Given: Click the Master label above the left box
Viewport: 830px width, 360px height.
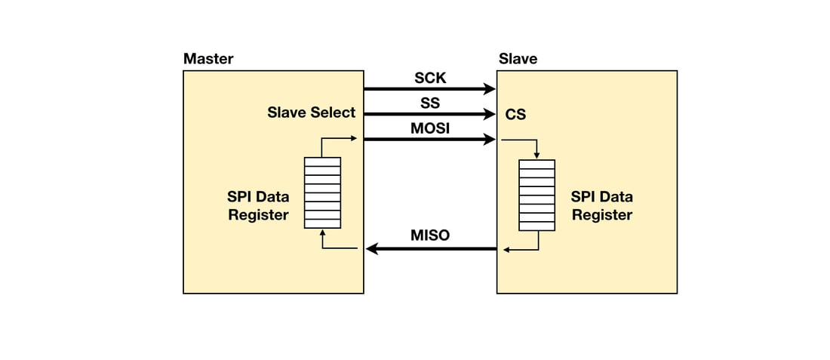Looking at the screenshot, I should click(x=208, y=59).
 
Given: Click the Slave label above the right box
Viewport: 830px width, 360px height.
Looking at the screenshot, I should click(x=518, y=59).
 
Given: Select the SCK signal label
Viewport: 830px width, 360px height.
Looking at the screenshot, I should click(x=430, y=78).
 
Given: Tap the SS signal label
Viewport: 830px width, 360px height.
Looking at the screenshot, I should click(x=430, y=103).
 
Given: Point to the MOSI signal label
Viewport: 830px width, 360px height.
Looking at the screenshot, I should click(x=430, y=128).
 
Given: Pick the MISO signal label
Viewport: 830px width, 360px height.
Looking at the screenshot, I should click(x=430, y=235).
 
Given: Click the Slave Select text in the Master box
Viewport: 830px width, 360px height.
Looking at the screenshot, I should click(x=311, y=112).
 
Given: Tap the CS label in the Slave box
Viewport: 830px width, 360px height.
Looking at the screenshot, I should click(x=516, y=115).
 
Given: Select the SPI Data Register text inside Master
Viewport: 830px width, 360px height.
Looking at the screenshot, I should click(x=258, y=205).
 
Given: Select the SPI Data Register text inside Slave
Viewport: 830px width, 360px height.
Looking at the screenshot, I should click(x=601, y=205).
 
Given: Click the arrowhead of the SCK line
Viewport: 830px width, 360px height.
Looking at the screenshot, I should click(x=490, y=89).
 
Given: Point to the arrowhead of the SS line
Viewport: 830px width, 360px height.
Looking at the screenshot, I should click(x=490, y=115).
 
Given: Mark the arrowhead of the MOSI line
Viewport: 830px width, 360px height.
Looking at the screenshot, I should click(x=490, y=140).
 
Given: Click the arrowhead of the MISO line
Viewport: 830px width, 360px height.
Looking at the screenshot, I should click(x=371, y=248).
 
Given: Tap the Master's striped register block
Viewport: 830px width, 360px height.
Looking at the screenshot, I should click(x=322, y=192).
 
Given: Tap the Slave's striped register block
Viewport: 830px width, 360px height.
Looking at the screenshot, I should click(x=536, y=195).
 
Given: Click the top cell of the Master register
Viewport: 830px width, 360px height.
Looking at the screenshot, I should click(x=322, y=162).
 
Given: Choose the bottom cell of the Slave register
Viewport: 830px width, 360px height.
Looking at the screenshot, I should click(x=536, y=226).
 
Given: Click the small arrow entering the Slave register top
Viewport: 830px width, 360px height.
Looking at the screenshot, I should click(x=536, y=155).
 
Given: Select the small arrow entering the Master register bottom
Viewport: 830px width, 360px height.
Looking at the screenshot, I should click(x=322, y=232).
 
